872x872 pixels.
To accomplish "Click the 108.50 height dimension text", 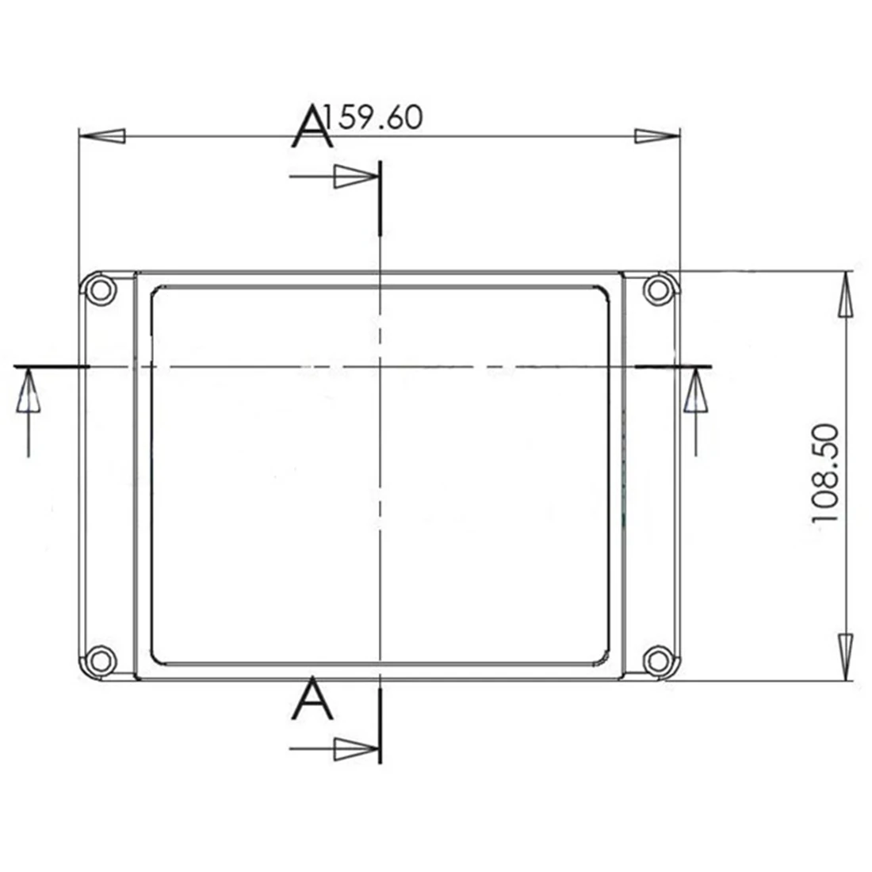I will pyautogui.click(x=826, y=473).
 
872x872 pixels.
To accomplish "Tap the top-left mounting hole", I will pyautogui.click(x=100, y=289).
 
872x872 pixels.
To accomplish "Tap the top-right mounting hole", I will pyautogui.click(x=656, y=289).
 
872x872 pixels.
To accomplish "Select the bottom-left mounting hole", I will pyautogui.click(x=100, y=659).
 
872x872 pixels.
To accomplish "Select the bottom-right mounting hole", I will pyautogui.click(x=656, y=659).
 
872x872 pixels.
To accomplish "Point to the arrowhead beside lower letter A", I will pyautogui.click(x=354, y=748).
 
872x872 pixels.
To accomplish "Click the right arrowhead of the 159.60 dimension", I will pyautogui.click(x=656, y=136).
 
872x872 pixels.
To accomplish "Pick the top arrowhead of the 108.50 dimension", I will pyautogui.click(x=846, y=296).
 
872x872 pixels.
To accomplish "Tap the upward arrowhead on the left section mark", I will pyautogui.click(x=28, y=393).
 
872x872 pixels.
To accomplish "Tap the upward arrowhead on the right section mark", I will pyautogui.click(x=696, y=393).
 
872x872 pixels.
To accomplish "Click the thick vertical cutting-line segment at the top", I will pyautogui.click(x=381, y=197).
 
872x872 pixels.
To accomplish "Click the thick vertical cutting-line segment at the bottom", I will pyautogui.click(x=381, y=725).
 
